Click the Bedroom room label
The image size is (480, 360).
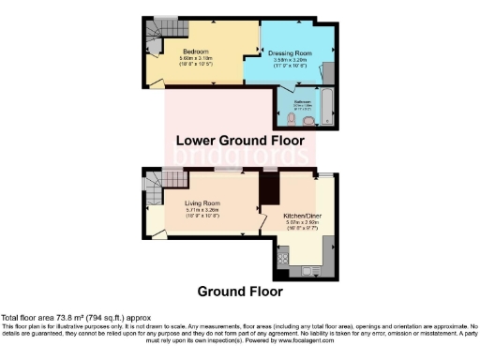195,51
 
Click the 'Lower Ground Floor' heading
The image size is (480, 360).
241,141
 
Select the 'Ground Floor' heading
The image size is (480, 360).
240,291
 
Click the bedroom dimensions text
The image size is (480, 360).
195,62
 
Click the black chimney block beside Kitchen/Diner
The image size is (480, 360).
270,191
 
